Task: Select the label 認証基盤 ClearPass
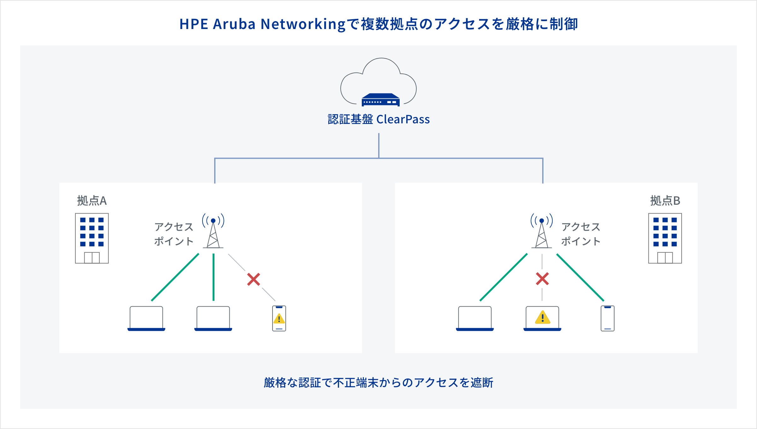pos(378,120)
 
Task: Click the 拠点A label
pos(92,201)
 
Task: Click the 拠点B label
pos(665,201)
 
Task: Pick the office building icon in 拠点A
pos(92,238)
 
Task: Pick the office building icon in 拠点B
pos(665,238)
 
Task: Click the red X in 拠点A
pos(254,279)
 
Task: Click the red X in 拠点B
pos(542,279)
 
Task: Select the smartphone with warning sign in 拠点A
pos(279,318)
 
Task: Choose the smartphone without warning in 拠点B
pos(607,318)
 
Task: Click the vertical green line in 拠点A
pos(214,278)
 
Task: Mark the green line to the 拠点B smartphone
pos(580,278)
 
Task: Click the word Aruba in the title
pos(234,24)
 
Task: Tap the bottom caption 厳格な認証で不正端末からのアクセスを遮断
pos(378,383)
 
